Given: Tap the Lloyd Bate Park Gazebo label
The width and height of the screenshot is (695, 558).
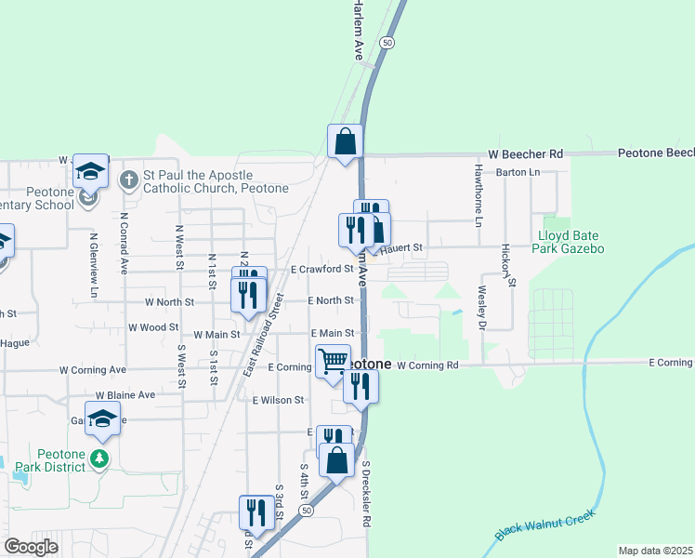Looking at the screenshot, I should click(570, 242).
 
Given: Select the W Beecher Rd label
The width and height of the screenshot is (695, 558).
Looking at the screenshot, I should click(526, 153).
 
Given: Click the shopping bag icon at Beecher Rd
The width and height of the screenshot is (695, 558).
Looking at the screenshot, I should click(345, 142).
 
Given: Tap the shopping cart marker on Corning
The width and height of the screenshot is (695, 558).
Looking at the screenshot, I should click(334, 360).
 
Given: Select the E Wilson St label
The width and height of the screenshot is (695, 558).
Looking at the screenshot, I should click(278, 400).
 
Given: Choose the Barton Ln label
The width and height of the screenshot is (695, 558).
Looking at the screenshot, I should click(518, 172).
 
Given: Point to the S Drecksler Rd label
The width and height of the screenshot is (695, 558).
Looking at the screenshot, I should click(367, 494).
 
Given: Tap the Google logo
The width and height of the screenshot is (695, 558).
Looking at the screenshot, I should click(32, 547).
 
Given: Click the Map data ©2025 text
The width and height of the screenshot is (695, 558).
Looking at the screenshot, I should click(655, 551).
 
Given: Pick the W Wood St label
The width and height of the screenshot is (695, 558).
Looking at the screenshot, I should click(153, 327).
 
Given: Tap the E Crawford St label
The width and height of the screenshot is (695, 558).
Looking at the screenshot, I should click(321, 269).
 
